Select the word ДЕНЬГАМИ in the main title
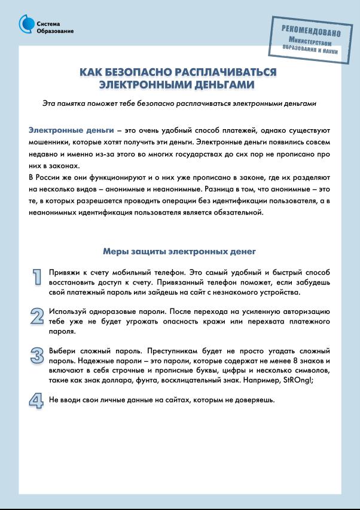pos(226,84)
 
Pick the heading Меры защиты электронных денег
pos(179,251)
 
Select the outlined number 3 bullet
pos(37,356)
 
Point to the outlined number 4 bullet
pos(37,400)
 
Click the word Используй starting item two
pos(68,312)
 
